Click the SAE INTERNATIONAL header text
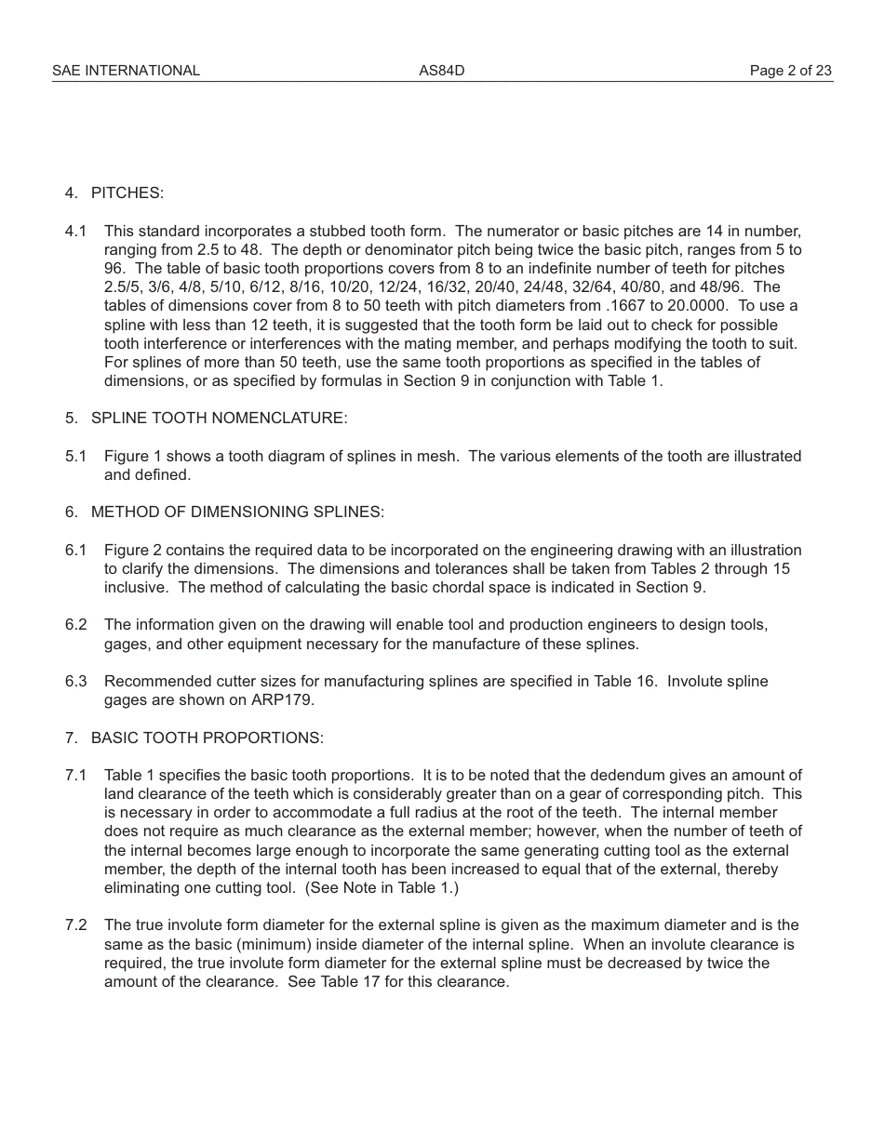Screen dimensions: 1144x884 pyautogui.click(x=126, y=71)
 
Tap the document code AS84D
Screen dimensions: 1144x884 pyautogui.click(x=441, y=71)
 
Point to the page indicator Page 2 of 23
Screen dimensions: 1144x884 pyautogui.click(x=790, y=71)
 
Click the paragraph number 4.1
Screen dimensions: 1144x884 pyautogui.click(x=75, y=231)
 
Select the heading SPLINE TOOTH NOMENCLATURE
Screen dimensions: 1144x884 pyautogui.click(x=219, y=418)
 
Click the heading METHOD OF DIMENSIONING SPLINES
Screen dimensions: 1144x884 pyautogui.click(x=237, y=512)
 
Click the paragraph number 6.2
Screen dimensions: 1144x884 pyautogui.click(x=75, y=624)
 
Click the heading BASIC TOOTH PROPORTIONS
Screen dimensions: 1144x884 pyautogui.click(x=207, y=738)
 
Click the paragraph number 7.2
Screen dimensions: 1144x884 pyautogui.click(x=75, y=925)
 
